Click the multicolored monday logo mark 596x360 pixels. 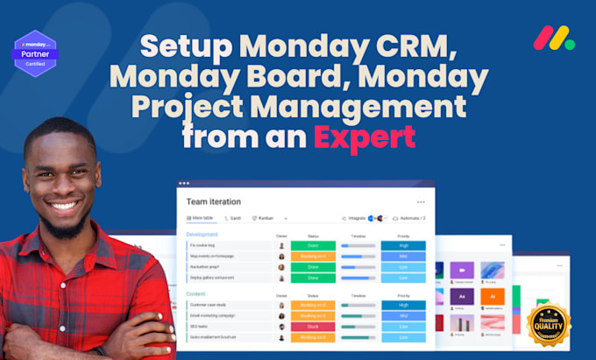[x=553, y=37]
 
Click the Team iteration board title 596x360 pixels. [x=212, y=201]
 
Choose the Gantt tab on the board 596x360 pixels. [x=233, y=217]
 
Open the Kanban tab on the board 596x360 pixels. [x=264, y=217]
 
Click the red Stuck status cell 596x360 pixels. [x=313, y=326]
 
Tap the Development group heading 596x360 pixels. [x=202, y=235]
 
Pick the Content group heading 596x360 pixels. [x=196, y=294]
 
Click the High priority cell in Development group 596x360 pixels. [x=402, y=245]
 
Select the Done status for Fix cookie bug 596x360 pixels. [x=313, y=245]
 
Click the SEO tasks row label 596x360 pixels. [x=200, y=326]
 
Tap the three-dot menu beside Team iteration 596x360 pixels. [x=421, y=201]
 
